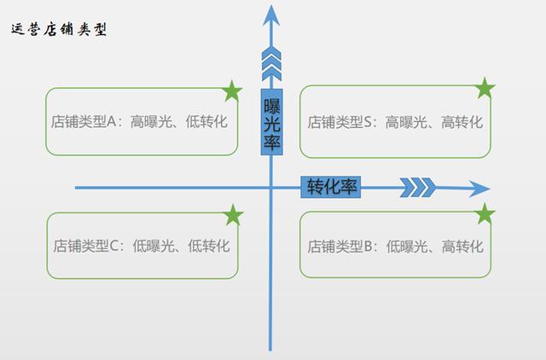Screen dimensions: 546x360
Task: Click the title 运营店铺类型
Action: pos(59,29)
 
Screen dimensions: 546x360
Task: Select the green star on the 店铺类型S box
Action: pos(485,87)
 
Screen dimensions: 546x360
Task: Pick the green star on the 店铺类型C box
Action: pos(233,215)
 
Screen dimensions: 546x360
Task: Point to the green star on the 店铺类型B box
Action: pos(485,213)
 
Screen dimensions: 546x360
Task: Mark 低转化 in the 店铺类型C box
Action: pos(208,247)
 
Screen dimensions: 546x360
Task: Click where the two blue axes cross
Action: pos(271,188)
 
